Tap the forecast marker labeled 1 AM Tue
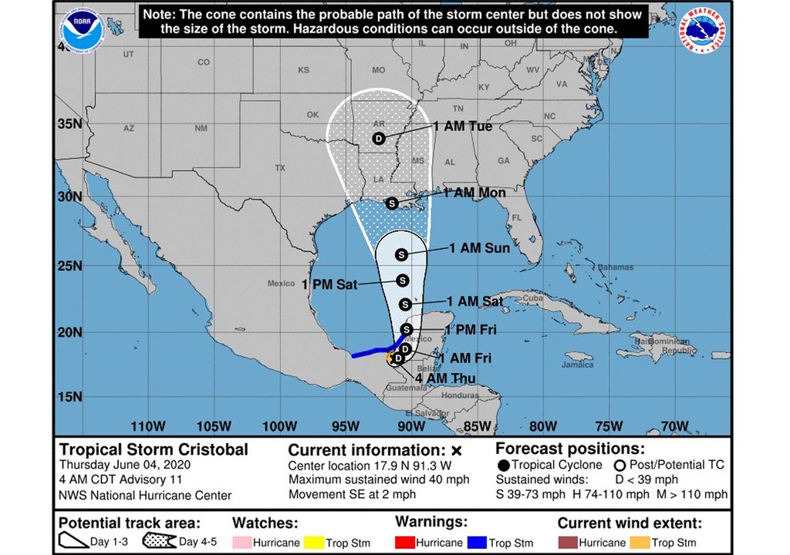coord(378,138)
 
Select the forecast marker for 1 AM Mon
coord(391,203)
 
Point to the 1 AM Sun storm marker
coord(401,254)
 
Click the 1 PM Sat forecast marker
coord(402,280)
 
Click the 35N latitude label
coord(70,124)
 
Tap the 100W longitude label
coord(279,426)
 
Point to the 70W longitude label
coord(674,426)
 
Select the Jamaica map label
coord(579,365)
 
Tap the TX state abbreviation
coord(280,167)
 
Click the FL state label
coord(518,217)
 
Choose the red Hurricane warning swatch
coord(408,543)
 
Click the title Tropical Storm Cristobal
coord(154,449)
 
